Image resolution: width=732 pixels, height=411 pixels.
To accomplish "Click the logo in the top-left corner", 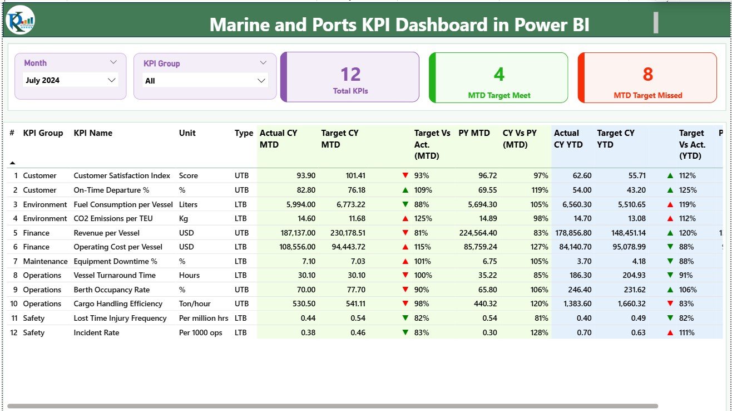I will click(x=20, y=20).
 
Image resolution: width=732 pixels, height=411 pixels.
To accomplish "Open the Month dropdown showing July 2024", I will click(x=71, y=80).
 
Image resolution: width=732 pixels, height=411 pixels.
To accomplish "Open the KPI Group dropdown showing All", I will click(x=205, y=81).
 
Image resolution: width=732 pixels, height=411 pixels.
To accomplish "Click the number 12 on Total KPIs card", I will click(x=350, y=74).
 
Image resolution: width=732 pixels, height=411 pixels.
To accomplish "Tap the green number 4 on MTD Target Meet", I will click(x=499, y=74).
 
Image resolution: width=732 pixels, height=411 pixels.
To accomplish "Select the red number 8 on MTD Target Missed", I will click(x=647, y=74).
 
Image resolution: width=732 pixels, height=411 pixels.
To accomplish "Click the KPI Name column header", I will click(x=93, y=133).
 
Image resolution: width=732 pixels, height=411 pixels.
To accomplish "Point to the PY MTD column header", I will click(x=474, y=133).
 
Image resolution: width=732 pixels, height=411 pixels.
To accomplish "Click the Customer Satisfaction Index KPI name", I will click(x=122, y=175).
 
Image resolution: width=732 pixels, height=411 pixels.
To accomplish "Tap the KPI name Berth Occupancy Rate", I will click(x=112, y=290).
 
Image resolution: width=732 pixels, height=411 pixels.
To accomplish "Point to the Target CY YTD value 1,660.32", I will click(x=626, y=304).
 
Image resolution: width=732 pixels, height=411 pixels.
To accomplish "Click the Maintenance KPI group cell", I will click(x=45, y=261).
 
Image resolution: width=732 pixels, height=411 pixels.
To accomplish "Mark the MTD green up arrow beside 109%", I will click(x=405, y=190).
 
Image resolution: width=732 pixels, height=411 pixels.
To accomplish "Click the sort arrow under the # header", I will click(x=12, y=163).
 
